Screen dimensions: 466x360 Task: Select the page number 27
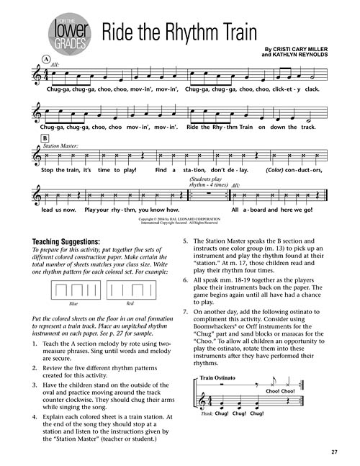point(335,452)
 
